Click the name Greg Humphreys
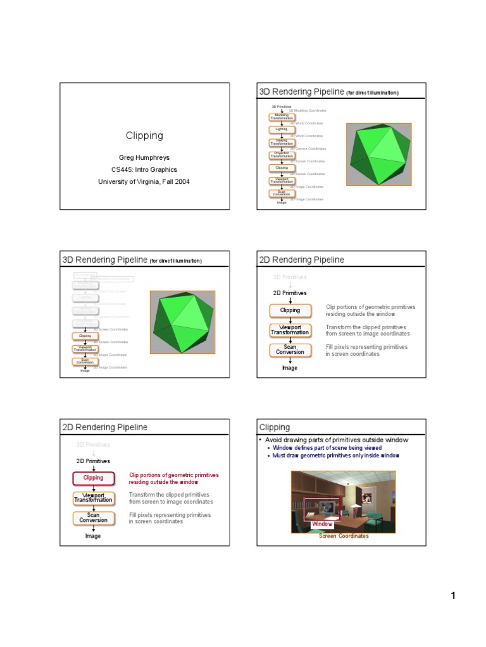tap(144, 157)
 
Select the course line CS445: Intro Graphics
tap(144, 169)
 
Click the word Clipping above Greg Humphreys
tap(144, 135)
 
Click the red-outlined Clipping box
tap(93, 478)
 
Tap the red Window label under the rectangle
tap(322, 524)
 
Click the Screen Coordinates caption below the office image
tap(344, 536)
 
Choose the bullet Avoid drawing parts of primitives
tap(333, 439)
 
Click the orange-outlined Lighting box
tap(281, 129)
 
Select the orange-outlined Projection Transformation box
tap(281, 154)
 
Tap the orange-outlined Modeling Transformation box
tap(281, 116)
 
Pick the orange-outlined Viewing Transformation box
tap(281, 142)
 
